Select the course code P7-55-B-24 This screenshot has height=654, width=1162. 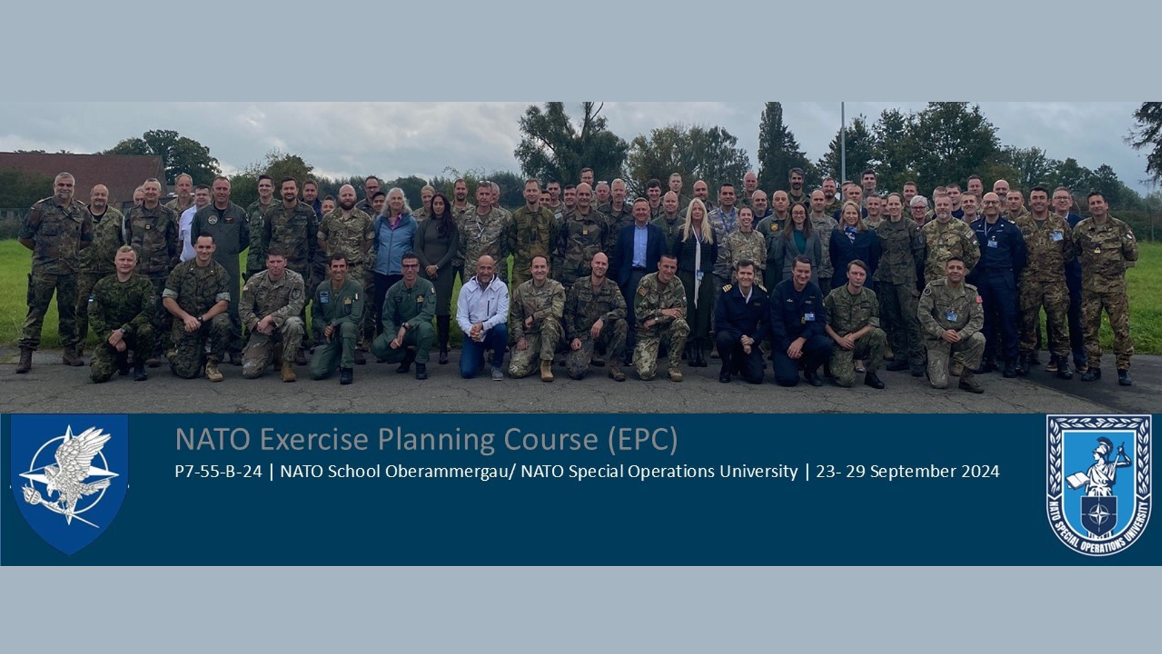218,471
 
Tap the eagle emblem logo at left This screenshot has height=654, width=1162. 69,484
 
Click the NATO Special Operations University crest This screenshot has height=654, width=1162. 1098,484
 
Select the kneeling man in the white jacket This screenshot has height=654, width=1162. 482,317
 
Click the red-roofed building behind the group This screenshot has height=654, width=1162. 82,176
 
